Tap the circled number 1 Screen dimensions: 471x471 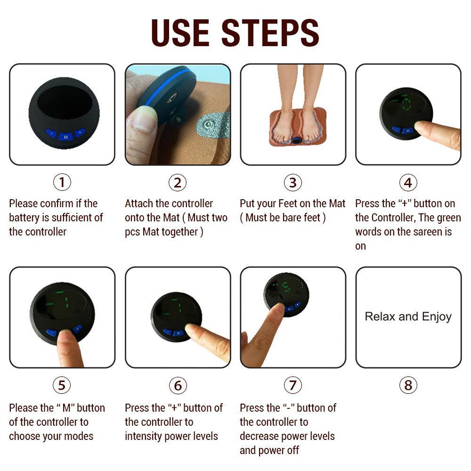62,182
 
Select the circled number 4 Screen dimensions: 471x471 408,182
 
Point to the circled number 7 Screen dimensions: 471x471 292,386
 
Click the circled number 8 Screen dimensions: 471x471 408,386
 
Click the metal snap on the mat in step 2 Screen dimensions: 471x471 206,125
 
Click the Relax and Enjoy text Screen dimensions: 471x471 408,317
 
